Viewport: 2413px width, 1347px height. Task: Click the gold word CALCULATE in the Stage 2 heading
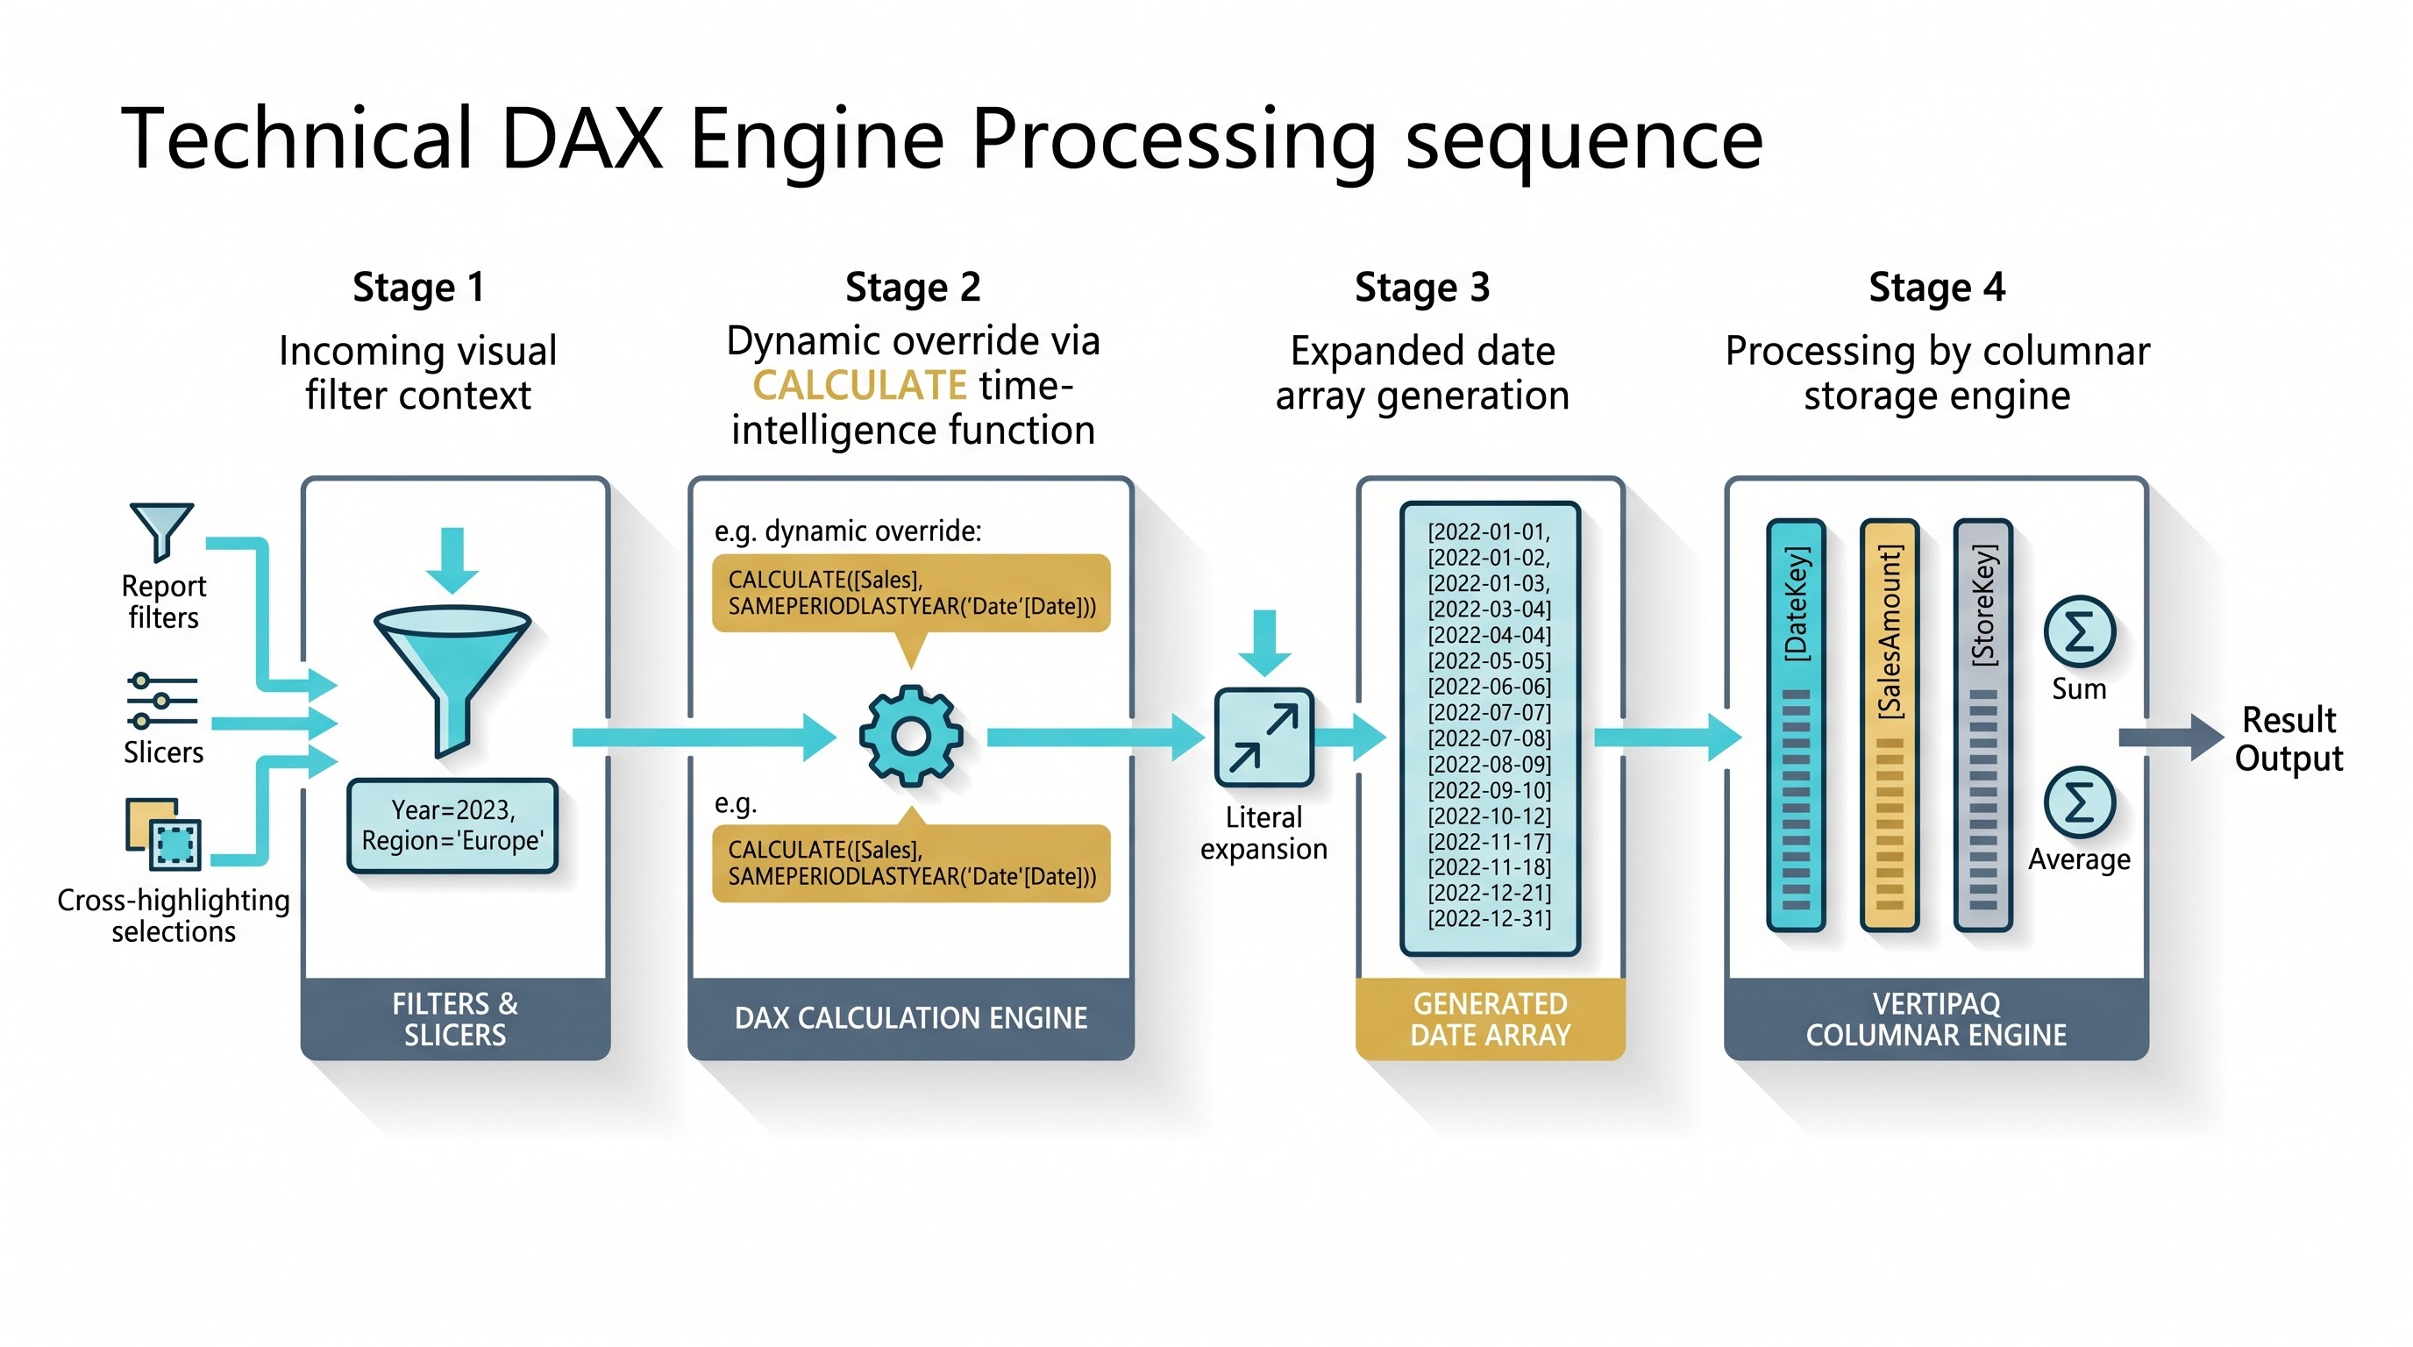(x=859, y=386)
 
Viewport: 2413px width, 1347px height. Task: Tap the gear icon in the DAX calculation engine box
(x=910, y=737)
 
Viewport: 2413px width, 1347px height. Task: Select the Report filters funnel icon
(x=161, y=531)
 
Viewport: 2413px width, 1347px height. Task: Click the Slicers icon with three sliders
(x=162, y=701)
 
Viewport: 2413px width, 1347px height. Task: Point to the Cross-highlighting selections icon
(x=163, y=835)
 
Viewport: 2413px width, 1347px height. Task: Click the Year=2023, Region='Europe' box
(x=452, y=825)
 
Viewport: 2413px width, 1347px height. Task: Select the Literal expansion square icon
(x=1263, y=738)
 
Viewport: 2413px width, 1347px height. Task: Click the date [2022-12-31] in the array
(x=1490, y=918)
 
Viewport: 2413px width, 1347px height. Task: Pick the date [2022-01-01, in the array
(x=1490, y=531)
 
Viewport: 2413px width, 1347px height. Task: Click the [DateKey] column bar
(x=1796, y=725)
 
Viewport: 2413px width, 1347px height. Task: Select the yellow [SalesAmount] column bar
(x=1890, y=725)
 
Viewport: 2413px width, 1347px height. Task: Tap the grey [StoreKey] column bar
(x=1983, y=725)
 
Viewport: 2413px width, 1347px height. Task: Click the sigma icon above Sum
(x=2080, y=632)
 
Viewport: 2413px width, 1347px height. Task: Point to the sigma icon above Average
(x=2080, y=802)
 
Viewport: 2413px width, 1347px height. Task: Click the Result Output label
(x=2288, y=738)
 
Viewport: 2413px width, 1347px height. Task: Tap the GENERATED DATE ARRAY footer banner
(x=1491, y=1019)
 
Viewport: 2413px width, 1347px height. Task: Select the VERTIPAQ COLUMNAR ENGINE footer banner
(x=1936, y=1019)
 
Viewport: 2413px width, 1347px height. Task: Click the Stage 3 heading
(x=1422, y=288)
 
